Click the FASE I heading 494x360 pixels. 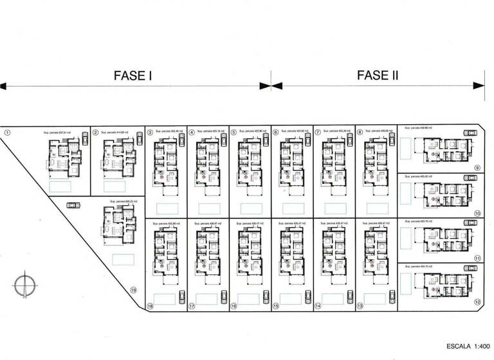click(x=133, y=75)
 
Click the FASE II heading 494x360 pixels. click(x=378, y=75)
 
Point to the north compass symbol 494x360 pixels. click(x=24, y=283)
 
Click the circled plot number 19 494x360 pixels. click(x=134, y=290)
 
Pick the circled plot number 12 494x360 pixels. click(x=477, y=301)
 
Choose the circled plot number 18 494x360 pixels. click(x=150, y=307)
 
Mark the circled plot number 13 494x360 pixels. click(x=360, y=307)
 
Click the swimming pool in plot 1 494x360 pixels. click(x=61, y=186)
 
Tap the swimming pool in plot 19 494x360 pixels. click(x=123, y=258)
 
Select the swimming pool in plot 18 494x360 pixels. click(x=165, y=298)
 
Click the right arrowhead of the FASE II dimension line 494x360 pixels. click(x=479, y=85)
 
